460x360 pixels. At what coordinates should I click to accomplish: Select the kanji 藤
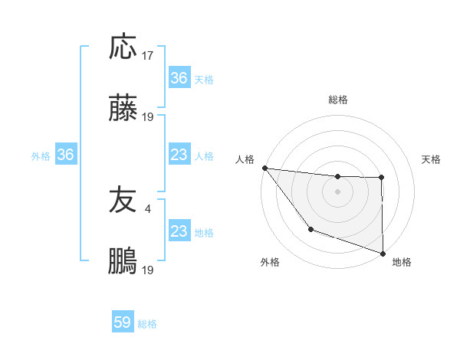click(x=123, y=110)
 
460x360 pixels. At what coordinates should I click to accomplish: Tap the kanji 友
click(x=123, y=200)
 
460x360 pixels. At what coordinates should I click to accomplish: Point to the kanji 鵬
click(x=123, y=261)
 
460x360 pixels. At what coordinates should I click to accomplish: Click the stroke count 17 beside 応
click(x=149, y=56)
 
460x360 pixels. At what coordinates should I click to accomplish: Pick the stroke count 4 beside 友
click(x=148, y=208)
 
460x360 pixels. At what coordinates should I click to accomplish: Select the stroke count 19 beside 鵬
click(x=149, y=270)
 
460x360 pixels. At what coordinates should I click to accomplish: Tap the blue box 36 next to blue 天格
click(x=179, y=78)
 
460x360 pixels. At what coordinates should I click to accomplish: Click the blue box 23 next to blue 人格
click(x=179, y=155)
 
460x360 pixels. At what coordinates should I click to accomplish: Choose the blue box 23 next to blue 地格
click(x=179, y=231)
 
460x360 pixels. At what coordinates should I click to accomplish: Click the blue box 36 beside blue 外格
click(x=66, y=155)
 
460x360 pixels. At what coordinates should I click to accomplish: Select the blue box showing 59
click(x=123, y=322)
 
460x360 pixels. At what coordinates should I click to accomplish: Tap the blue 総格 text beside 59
click(x=148, y=324)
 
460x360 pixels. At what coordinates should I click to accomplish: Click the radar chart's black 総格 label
click(x=338, y=100)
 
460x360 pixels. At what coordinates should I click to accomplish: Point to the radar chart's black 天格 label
click(x=432, y=159)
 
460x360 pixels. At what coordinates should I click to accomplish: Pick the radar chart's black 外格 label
click(x=270, y=262)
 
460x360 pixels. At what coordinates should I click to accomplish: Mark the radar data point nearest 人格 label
click(x=264, y=168)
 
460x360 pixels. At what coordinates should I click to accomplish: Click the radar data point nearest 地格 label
click(x=383, y=253)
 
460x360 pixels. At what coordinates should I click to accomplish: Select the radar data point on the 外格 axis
click(x=310, y=228)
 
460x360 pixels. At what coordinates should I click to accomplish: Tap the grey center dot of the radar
click(x=338, y=191)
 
